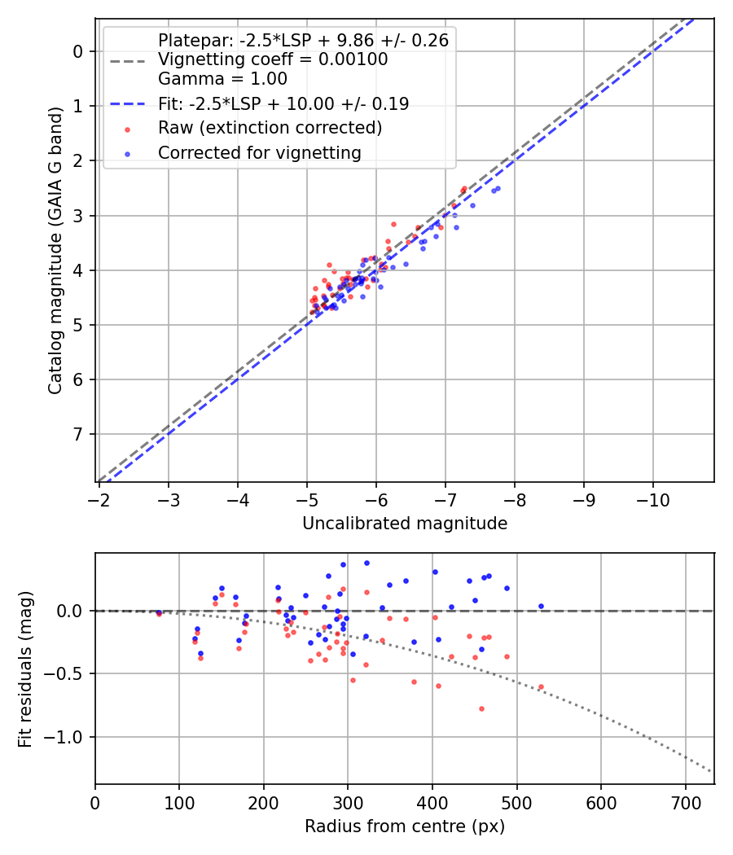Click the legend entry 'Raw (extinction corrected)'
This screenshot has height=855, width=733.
coord(270,128)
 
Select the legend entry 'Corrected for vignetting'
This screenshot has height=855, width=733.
coord(259,152)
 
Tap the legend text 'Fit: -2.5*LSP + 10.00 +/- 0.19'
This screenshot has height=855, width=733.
coord(283,103)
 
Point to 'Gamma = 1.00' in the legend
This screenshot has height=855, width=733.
coord(222,79)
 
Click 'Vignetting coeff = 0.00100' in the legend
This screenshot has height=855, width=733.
coord(273,59)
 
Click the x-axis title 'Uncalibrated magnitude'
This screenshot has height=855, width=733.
coord(405,524)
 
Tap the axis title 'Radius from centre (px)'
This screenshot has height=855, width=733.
coord(405,826)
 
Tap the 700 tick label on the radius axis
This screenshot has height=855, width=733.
coord(685,802)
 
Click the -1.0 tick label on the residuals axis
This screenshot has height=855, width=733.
coord(66,737)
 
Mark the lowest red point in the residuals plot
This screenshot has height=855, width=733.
coord(481,708)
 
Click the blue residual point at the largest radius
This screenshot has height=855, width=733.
coord(541,606)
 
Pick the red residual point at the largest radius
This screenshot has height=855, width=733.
coord(541,686)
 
